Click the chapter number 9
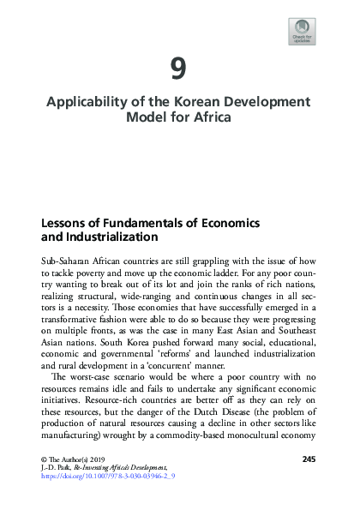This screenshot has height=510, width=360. pyautogui.click(x=180, y=67)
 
